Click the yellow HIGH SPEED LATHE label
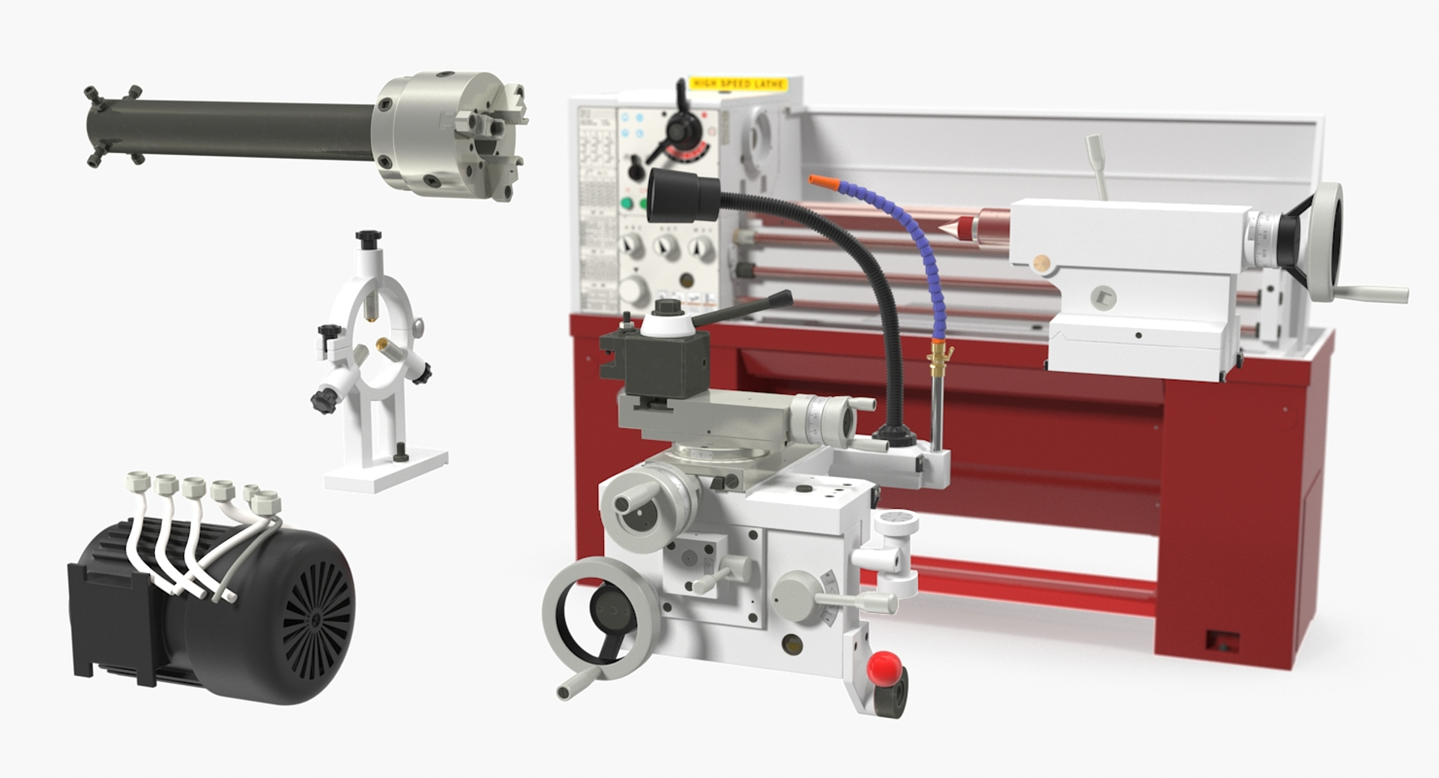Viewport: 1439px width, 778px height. (x=737, y=83)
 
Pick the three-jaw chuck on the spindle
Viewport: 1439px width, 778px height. (x=450, y=135)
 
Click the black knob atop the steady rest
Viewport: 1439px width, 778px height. (x=368, y=238)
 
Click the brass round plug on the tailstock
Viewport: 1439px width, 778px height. (x=1040, y=262)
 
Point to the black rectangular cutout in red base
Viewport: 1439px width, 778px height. (x=1222, y=641)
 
